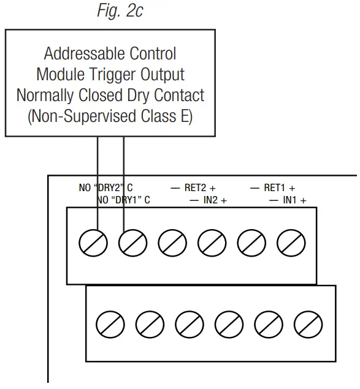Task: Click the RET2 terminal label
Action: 194,188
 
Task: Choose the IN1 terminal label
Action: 291,200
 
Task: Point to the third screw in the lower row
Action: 188,322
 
